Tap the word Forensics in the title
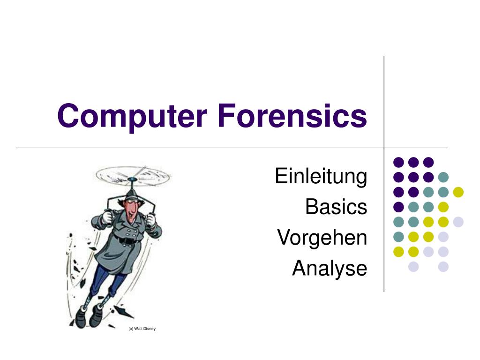point(292,116)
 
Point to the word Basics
point(336,207)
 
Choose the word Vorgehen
point(322,238)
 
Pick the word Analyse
point(329,268)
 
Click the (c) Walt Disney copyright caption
point(142,329)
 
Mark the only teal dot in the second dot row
point(443,177)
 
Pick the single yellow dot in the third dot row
point(458,192)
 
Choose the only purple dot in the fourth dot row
point(398,207)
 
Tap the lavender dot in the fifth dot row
point(458,222)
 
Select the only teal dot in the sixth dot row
point(398,237)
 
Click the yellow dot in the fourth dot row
point(443,207)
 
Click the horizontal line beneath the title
point(187,148)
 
